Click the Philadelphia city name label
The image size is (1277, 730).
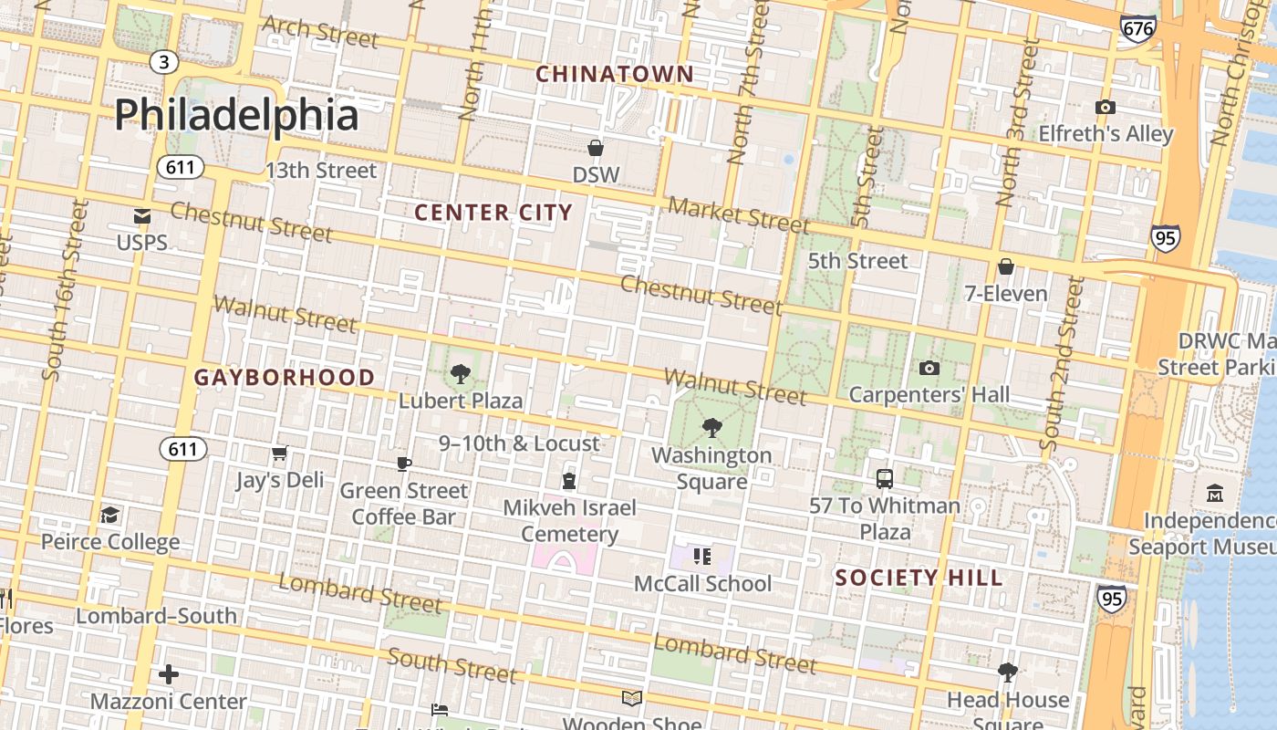236,116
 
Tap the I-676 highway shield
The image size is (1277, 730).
1138,28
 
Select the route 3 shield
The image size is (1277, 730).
163,62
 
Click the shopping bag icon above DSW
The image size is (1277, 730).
596,148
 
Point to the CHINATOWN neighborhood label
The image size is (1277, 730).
614,74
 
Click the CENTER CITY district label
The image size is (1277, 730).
493,213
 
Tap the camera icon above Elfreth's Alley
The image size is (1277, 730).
1106,107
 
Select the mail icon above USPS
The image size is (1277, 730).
142,216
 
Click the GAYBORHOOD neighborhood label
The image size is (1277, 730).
285,377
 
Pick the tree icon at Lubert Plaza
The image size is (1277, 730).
461,373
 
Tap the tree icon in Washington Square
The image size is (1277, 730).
711,427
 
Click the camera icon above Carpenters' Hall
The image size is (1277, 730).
929,368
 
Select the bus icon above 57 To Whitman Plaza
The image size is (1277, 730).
885,478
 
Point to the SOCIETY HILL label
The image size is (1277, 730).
919,578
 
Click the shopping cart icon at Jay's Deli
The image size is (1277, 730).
280,454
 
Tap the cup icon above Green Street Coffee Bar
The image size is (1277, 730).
403,464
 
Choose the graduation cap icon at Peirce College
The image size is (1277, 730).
110,515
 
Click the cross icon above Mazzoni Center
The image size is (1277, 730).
169,674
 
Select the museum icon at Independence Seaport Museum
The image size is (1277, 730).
1215,494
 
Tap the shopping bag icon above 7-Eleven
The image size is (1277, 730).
1006,266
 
